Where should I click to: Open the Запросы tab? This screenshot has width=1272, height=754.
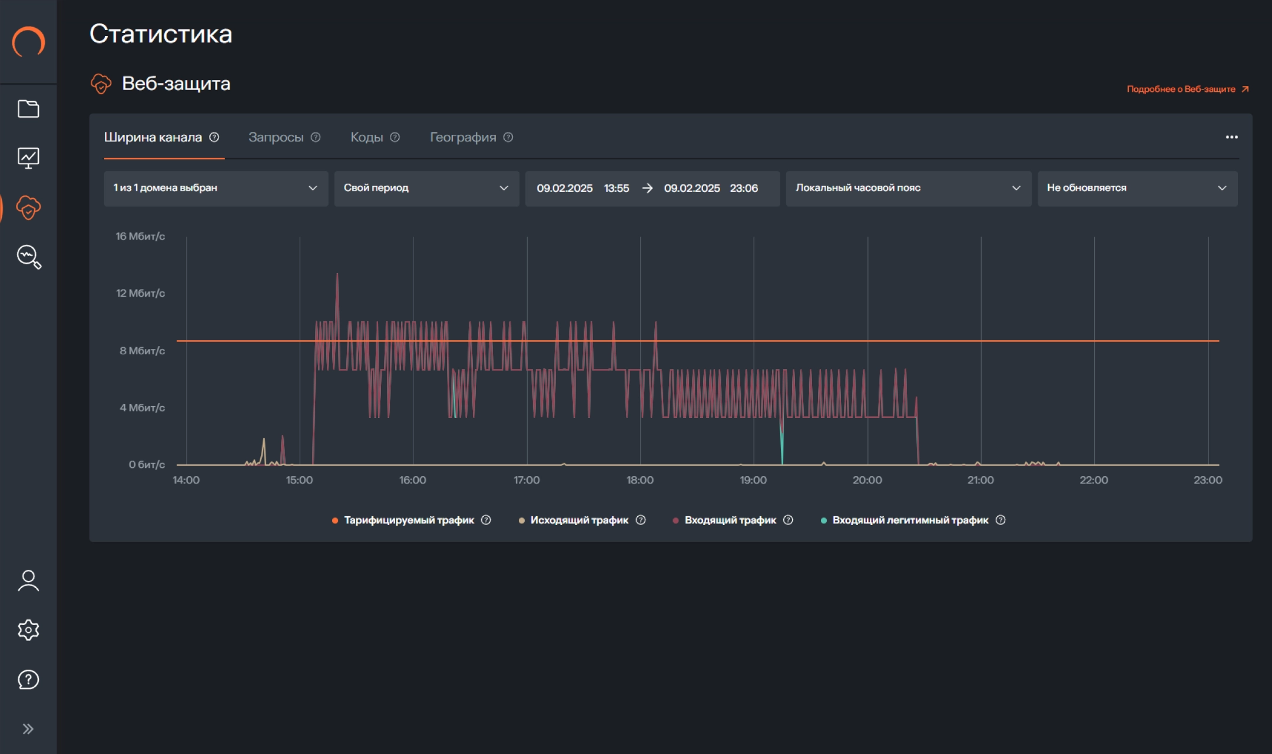276,137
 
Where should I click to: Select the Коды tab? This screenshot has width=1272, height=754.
366,137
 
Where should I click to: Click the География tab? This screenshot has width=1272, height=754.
463,137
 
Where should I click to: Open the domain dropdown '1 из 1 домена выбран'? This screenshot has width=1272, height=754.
216,188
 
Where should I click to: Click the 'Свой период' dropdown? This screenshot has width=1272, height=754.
426,188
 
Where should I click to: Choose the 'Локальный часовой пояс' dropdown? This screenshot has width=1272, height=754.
908,188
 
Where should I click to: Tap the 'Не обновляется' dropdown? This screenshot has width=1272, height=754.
1137,188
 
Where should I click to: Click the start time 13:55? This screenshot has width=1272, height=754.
617,188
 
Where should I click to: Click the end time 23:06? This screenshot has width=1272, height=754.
744,188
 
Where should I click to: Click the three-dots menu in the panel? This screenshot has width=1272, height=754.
1231,137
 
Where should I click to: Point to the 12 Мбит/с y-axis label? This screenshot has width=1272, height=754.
140,293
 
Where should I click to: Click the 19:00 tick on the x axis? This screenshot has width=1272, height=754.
753,480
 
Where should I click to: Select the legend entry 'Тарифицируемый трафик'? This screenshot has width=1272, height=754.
409,520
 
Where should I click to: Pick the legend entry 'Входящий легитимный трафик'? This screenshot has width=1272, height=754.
910,520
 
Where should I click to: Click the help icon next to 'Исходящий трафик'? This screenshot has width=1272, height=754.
641,520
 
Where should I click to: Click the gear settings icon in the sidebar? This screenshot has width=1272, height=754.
28,630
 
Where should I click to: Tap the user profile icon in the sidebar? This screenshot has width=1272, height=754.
28,580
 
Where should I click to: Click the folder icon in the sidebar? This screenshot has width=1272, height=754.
28,109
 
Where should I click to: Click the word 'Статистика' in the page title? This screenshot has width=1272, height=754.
161,34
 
